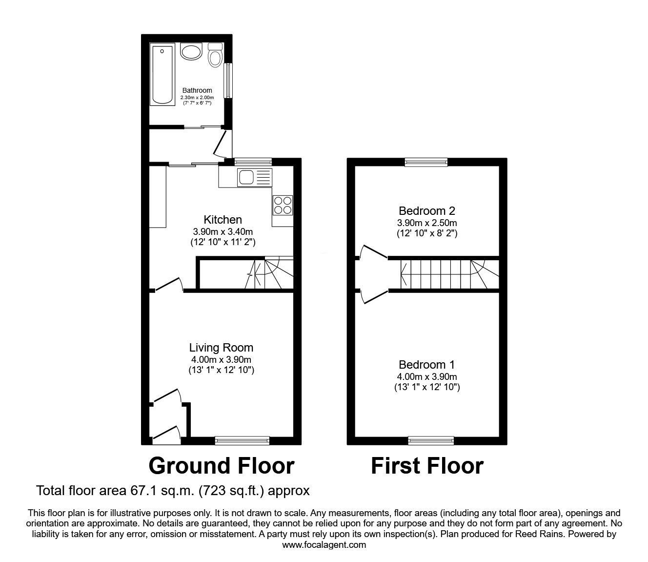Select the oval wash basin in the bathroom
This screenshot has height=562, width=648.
(191, 51)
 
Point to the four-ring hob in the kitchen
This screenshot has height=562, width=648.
(283, 205)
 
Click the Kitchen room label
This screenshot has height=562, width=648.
(223, 220)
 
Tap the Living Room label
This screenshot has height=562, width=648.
(221, 348)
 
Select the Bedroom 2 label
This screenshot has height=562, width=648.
(427, 211)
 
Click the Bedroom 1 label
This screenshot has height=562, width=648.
(427, 364)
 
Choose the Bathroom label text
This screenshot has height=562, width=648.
(197, 90)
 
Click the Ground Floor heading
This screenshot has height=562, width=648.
(221, 466)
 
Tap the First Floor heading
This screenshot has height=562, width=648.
(427, 466)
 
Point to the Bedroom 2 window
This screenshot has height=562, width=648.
(426, 162)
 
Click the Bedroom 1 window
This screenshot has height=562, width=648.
(430, 441)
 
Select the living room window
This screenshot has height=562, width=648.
(242, 441)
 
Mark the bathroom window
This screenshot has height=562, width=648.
(227, 81)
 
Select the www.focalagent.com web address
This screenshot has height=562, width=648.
(324, 545)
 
